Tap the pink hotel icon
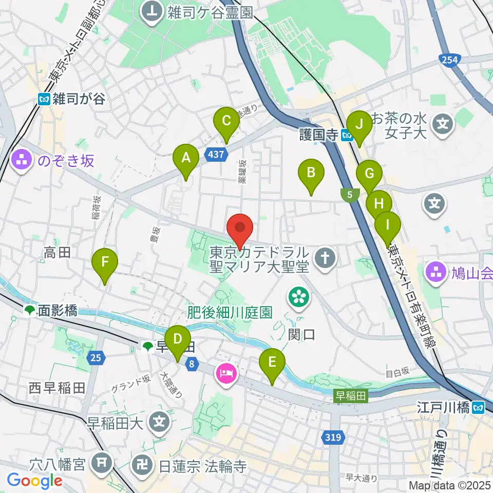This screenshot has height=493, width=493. (x=226, y=371)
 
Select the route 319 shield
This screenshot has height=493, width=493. (x=332, y=438)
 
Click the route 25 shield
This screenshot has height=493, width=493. (x=96, y=357)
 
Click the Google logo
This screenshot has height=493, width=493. (x=35, y=481)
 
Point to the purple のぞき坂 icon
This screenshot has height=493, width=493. (x=22, y=161)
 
